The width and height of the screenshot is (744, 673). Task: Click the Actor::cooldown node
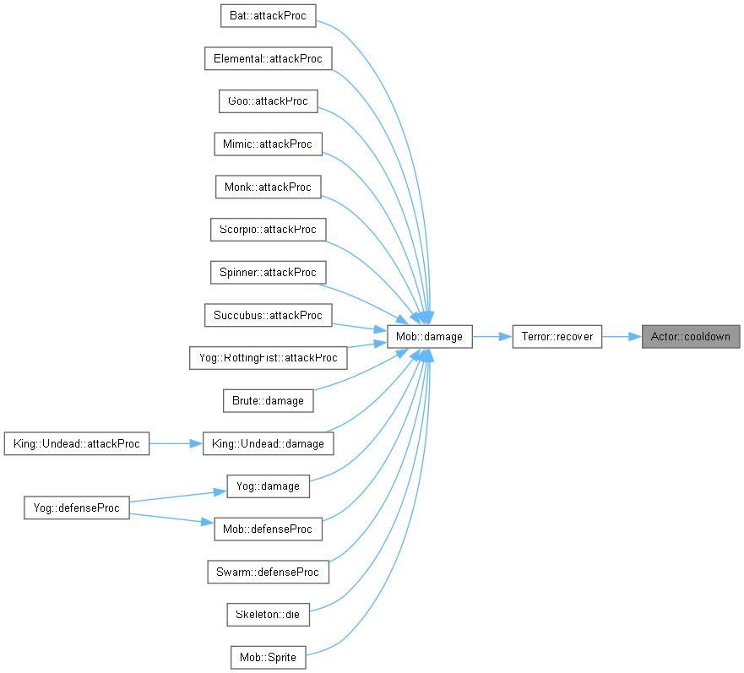tap(691, 336)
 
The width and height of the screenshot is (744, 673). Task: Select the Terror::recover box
tap(557, 336)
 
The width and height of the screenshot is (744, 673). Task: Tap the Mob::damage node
tap(429, 336)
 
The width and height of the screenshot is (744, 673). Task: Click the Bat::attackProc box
tap(268, 16)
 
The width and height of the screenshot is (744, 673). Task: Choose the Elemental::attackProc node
tap(268, 58)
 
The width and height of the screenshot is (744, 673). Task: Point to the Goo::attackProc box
tap(268, 101)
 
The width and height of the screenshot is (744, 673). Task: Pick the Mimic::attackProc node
tap(268, 144)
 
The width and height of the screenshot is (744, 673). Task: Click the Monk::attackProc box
tap(268, 187)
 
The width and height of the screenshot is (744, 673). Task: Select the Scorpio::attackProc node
tap(268, 229)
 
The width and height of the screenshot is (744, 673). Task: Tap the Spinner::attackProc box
tap(268, 273)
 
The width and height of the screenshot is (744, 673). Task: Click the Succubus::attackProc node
tap(268, 315)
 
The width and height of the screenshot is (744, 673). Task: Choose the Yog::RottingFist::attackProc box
tap(268, 358)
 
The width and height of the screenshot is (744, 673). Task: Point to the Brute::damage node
tap(268, 400)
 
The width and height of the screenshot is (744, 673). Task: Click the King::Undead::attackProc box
tap(76, 443)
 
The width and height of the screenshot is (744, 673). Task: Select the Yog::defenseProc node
tap(76, 507)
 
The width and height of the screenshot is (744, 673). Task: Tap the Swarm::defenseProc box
tap(268, 572)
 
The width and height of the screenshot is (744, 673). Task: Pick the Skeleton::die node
tap(268, 615)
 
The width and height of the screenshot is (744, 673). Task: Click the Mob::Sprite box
tap(268, 657)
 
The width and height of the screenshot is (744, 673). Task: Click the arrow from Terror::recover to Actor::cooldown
tap(622, 336)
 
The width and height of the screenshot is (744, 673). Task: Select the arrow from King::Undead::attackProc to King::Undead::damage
tap(176, 443)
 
